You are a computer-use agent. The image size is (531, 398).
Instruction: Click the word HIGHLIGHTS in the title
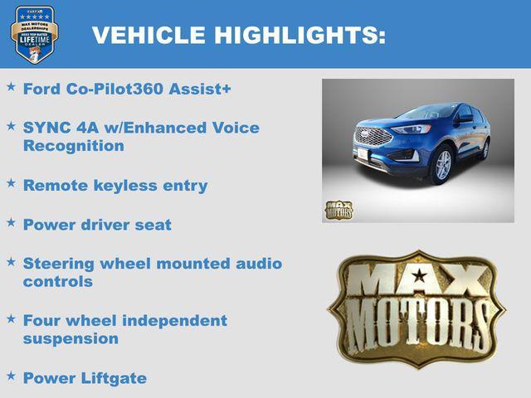[x=300, y=36]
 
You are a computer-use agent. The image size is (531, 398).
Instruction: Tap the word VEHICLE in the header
[x=149, y=36]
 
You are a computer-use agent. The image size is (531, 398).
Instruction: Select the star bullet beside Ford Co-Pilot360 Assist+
[x=11, y=86]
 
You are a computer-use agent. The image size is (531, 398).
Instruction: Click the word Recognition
[x=74, y=146]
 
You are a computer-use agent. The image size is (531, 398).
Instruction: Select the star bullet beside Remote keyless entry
[x=11, y=183]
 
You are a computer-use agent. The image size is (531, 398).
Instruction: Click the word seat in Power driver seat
[x=153, y=225]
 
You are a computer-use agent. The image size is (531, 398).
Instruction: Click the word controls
[x=58, y=282]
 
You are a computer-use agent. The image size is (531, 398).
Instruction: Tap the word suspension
[x=71, y=338]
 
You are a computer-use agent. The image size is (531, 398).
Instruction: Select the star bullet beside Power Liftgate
[x=11, y=376]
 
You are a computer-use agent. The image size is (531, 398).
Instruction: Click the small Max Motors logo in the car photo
[x=338, y=210]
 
